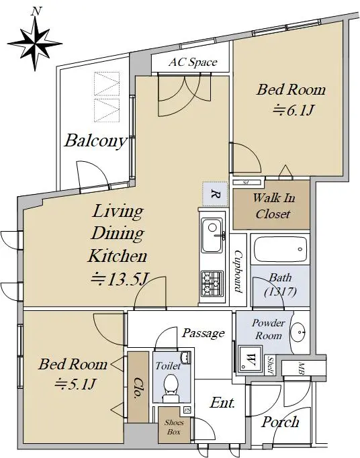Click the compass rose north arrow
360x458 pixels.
36,43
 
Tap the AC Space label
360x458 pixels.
193,62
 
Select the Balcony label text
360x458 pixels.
95,141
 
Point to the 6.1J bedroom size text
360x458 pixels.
294,111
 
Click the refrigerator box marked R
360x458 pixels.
215,194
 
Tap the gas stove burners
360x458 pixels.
212,283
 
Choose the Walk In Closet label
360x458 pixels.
273,206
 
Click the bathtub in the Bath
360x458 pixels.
280,249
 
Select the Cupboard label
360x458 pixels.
238,272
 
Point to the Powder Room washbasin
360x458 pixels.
300,332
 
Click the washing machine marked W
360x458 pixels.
250,359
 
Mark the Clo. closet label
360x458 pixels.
137,388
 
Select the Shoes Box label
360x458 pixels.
174,427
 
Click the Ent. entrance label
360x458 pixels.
223,403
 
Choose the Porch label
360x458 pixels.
280,422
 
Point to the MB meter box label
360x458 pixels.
302,369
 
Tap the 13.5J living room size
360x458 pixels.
119,279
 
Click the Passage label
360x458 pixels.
203,333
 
